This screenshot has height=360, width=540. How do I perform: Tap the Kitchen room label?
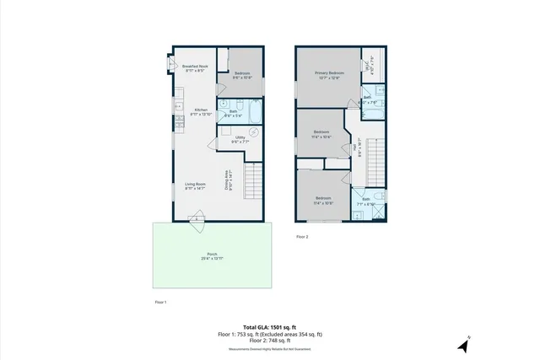point(201,111)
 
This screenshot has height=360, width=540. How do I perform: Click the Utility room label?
point(240,140)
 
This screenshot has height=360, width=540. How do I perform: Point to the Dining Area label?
point(227,181)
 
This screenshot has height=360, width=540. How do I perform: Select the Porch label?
point(212,256)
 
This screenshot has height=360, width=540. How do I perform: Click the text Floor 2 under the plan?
point(302,237)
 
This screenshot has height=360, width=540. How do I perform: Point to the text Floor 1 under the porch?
point(159,301)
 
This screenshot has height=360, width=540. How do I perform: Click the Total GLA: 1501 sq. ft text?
point(269,326)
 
